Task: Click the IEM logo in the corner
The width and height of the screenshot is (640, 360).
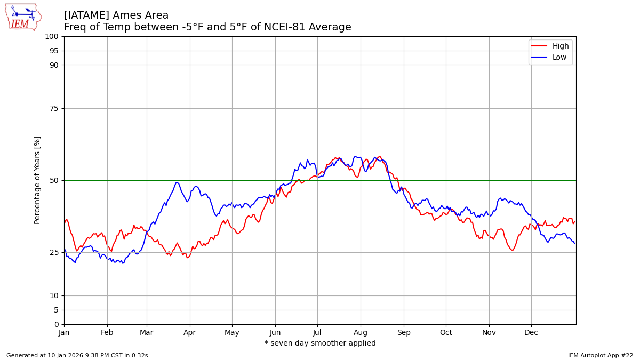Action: pos(23,17)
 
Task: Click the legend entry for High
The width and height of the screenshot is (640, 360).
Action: pos(560,46)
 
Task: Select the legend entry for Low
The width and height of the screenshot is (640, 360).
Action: pos(559,58)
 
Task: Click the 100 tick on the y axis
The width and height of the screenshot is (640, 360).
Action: pos(52,36)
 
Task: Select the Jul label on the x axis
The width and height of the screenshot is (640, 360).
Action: pos(317,332)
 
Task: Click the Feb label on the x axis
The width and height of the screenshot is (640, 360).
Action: pos(107,332)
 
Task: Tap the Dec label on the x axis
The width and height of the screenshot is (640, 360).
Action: pos(531,332)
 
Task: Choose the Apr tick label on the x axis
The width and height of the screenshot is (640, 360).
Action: pos(190,332)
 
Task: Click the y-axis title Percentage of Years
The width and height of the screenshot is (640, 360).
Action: pos(37,180)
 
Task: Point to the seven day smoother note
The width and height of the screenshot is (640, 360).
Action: pos(320,343)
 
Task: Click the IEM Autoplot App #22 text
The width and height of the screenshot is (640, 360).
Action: pos(601,355)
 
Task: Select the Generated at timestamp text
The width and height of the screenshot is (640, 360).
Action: pos(77,355)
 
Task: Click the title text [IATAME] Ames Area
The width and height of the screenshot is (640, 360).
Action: pos(116,15)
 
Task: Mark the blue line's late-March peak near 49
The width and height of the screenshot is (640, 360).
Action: pos(177,183)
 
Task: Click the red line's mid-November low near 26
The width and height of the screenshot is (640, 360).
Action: pos(512,250)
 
